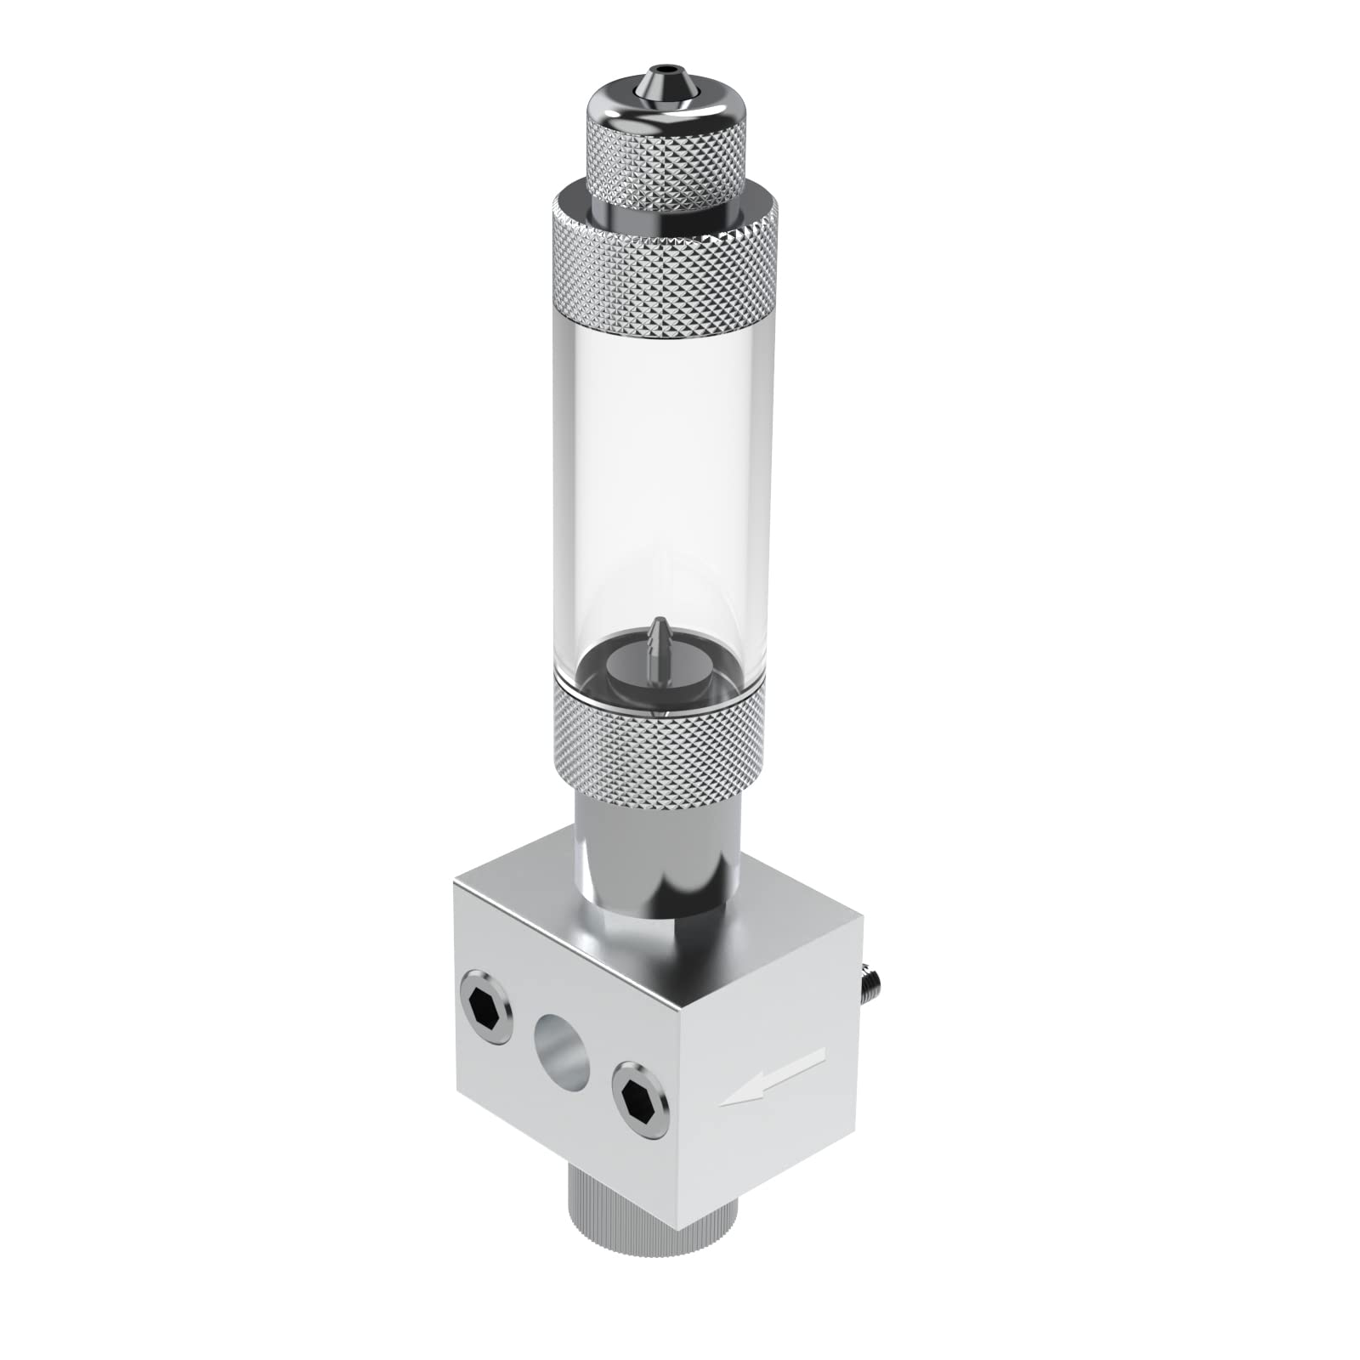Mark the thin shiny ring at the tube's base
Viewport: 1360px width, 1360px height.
coord(653,717)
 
